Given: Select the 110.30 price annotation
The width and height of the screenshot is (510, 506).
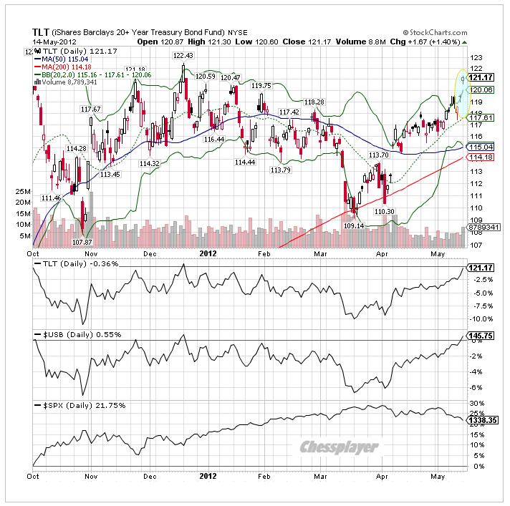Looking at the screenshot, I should tap(385, 211).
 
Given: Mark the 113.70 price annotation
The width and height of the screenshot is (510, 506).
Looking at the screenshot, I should tap(378, 155).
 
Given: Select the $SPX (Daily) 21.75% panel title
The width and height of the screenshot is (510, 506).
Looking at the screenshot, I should tap(80, 405).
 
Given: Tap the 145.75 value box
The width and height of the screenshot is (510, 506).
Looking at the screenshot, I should tap(478, 336).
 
